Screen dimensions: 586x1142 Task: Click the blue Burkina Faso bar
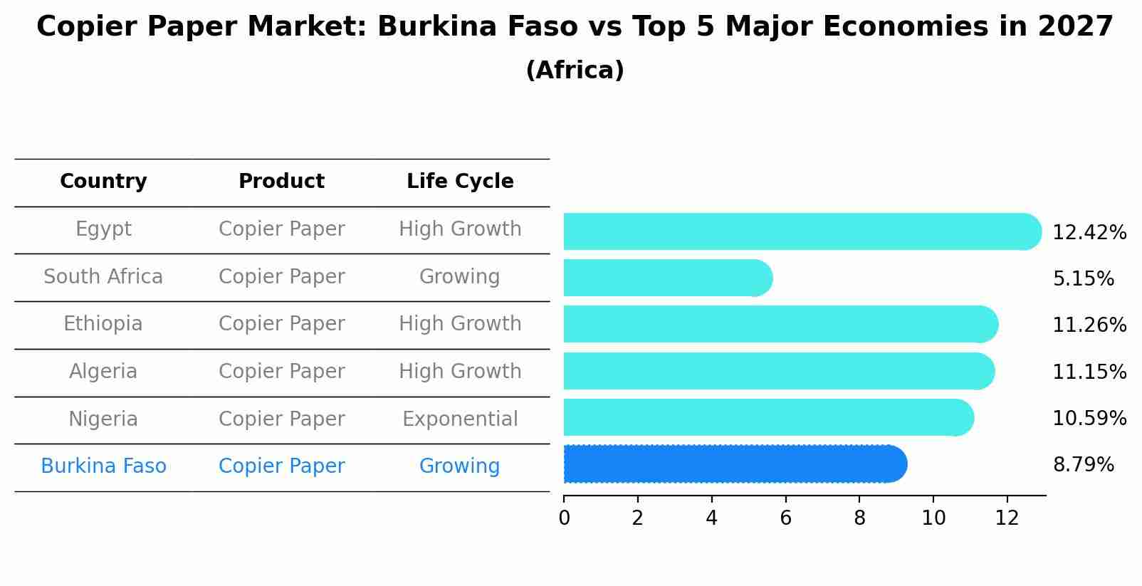[x=733, y=464]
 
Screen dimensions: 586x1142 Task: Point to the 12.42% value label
[x=1089, y=233]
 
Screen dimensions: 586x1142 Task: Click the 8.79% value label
[x=1083, y=465]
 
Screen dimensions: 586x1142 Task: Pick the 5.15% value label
[x=1083, y=279]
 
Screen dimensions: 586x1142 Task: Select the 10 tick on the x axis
[x=933, y=518]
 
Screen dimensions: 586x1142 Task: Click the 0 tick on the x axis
[x=564, y=518]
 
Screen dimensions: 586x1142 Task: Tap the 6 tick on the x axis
[x=785, y=518]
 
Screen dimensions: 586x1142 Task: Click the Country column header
[x=103, y=182]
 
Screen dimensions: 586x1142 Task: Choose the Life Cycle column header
[x=460, y=182]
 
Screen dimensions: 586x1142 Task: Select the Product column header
[x=281, y=182]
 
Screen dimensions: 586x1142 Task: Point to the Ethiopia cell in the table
[x=103, y=324]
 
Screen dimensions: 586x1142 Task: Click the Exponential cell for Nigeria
[x=460, y=419]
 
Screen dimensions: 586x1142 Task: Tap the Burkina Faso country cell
[x=103, y=466]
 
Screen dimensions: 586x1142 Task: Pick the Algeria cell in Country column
[x=103, y=372]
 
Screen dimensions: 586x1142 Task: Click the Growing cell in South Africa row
[x=459, y=277]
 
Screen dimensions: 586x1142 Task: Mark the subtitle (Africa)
[x=575, y=70]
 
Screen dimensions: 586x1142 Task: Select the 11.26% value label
[x=1089, y=325]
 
